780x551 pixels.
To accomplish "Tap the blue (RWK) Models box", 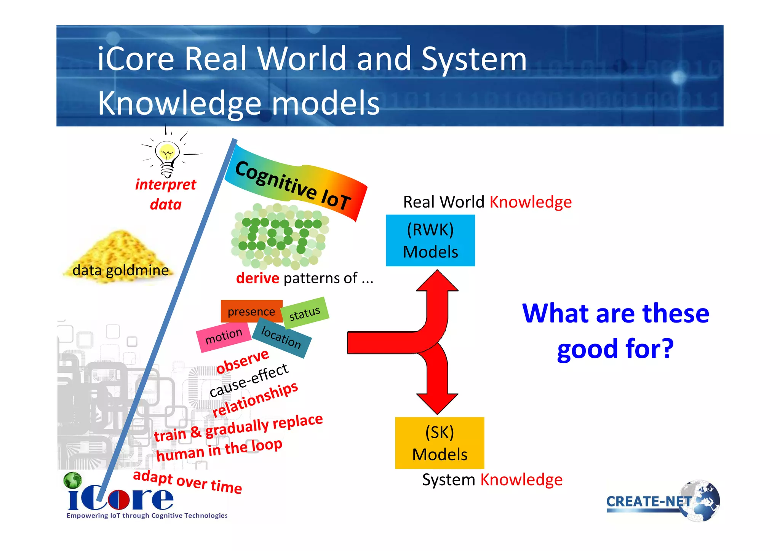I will [430, 240].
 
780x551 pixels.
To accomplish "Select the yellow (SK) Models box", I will [440, 443].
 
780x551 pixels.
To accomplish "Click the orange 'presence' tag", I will [251, 311].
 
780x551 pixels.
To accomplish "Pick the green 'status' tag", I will [305, 313].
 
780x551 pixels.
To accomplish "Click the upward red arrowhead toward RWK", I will [437, 281].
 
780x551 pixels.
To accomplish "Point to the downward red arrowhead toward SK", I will [437, 404].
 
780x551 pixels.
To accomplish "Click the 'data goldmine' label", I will [120, 270].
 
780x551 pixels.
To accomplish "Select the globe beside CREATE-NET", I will [701, 501].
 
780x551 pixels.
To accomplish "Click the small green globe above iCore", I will [72, 480].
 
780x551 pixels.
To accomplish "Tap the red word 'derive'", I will [257, 278].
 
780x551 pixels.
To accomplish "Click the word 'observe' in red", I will [243, 361].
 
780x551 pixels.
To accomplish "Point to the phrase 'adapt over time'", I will [187, 482].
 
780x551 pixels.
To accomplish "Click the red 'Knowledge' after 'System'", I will [521, 480].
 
